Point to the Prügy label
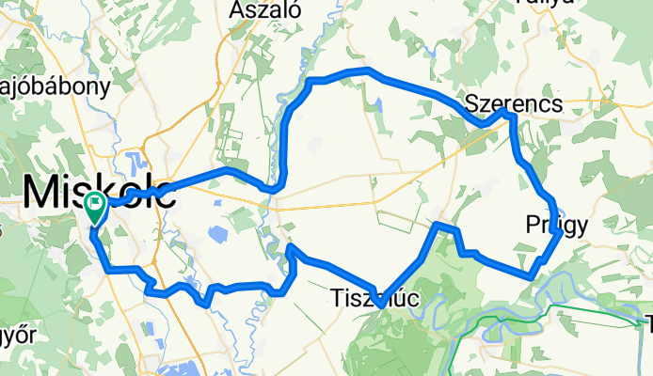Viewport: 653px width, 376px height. (557, 225)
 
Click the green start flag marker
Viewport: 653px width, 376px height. (95, 205)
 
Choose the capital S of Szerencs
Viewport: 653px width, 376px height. (473, 103)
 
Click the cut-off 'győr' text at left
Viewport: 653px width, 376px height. (16, 335)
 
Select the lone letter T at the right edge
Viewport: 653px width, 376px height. (647, 325)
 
